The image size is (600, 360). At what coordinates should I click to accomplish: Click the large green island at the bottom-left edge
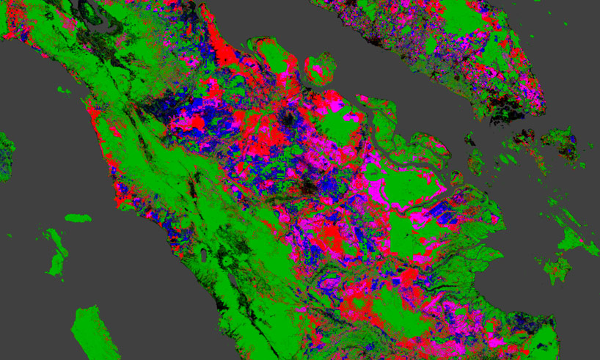(x=95, y=330)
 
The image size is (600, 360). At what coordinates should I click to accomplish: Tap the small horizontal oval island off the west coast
(x=78, y=218)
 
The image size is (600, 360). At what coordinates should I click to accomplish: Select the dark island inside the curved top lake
(x=89, y=9)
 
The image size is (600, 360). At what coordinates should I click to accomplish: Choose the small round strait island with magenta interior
(x=320, y=66)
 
